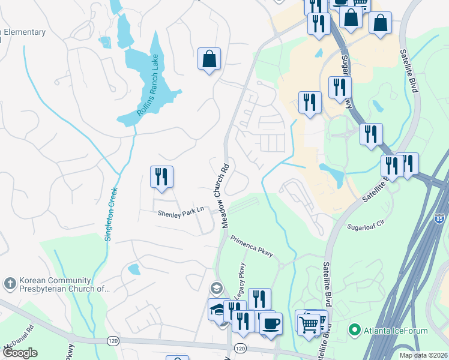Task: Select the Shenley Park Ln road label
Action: (181, 212)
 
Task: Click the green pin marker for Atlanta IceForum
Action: (355, 329)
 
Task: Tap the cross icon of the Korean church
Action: (9, 283)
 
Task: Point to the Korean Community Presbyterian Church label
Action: (57, 284)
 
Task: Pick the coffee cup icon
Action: (270, 323)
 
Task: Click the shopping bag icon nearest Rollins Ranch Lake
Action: (209, 59)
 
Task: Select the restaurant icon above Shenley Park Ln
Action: (161, 177)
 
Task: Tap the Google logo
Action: (20, 353)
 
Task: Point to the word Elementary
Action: (23, 32)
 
